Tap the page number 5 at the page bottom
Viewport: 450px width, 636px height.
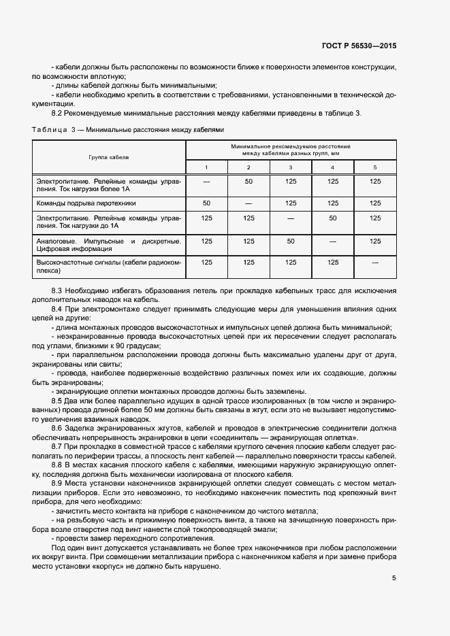tap(394, 578)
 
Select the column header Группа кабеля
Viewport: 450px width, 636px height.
tap(109, 156)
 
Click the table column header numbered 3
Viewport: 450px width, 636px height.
tap(291, 167)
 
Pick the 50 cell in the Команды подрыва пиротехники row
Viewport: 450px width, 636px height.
tap(207, 203)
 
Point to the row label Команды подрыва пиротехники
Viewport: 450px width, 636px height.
tap(86, 203)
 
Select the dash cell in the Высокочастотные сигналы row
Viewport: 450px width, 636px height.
tap(374, 262)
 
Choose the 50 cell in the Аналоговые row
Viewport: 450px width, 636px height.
tap(291, 241)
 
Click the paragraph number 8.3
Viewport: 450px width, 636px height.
tap(58, 291)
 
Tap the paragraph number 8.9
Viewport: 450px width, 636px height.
tap(58, 482)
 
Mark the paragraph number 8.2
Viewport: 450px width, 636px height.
tap(58, 112)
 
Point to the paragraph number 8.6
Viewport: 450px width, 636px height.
tap(58, 428)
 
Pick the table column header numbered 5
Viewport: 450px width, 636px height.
tap(374, 167)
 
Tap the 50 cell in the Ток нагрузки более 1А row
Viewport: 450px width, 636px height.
tap(248, 182)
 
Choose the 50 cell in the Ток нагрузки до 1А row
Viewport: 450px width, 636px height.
tap(333, 218)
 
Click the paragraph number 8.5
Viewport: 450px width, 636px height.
tap(58, 401)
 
